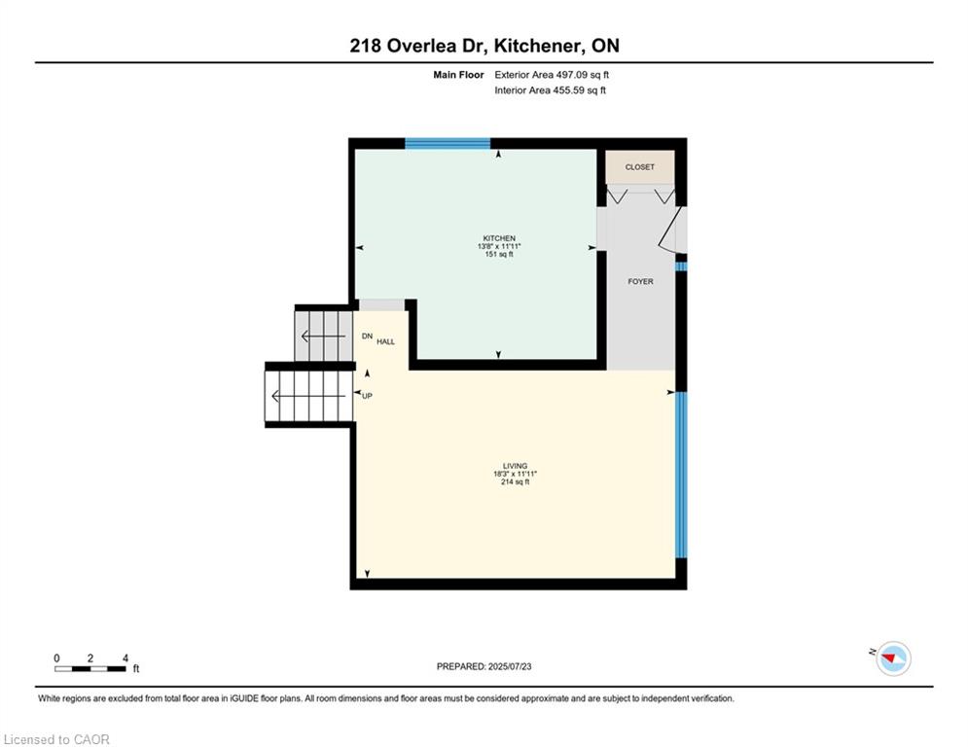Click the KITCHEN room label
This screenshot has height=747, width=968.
(x=499, y=238)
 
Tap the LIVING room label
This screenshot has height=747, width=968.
(x=515, y=466)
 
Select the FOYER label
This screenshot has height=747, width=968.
(x=640, y=281)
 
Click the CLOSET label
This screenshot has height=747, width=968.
(x=639, y=167)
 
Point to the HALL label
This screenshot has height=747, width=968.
(x=386, y=341)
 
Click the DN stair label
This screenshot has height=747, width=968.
(x=368, y=336)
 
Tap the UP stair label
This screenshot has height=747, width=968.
(x=368, y=396)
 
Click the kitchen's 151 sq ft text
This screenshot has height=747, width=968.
(x=499, y=255)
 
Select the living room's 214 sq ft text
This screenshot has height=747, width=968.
(x=515, y=482)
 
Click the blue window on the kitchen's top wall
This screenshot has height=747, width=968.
(x=448, y=144)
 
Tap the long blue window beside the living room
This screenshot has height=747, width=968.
(x=681, y=475)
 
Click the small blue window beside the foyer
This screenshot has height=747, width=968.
(x=681, y=267)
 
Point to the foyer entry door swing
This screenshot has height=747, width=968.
(x=672, y=229)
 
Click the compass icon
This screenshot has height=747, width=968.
(x=893, y=658)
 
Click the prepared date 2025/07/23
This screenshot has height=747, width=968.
(x=510, y=666)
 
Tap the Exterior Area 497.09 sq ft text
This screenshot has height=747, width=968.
(x=552, y=75)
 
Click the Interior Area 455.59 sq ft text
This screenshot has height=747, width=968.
(x=550, y=90)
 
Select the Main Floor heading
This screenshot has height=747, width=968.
(x=458, y=75)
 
